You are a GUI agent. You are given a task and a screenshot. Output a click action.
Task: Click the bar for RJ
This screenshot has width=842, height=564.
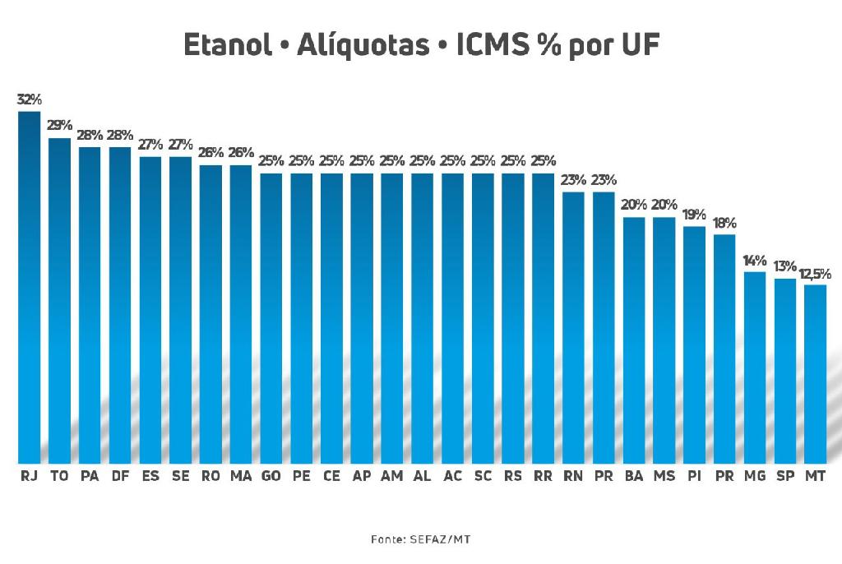(29, 288)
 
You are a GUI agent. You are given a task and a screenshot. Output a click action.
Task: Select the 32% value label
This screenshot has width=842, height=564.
(29, 99)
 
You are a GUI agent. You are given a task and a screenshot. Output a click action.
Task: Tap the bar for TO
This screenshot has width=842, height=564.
(59, 300)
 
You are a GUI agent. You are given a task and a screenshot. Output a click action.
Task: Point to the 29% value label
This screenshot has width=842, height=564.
(59, 126)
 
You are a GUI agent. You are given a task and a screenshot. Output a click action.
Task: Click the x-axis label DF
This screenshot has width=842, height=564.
(120, 476)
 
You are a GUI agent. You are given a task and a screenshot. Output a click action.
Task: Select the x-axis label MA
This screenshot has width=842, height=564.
(241, 476)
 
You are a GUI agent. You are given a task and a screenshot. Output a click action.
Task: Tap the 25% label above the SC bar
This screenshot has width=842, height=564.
(483, 160)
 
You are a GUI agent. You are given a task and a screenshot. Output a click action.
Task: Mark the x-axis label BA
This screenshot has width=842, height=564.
(634, 476)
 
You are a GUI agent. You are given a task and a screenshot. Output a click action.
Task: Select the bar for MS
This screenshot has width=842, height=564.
(664, 340)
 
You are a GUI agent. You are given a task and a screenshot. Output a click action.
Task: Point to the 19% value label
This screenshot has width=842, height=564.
(694, 215)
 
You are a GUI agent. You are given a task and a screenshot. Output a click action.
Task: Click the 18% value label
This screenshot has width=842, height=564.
(724, 223)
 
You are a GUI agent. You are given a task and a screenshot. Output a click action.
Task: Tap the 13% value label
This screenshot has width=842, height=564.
(784, 266)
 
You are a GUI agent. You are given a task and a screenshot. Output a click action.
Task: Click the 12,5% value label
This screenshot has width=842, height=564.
(815, 273)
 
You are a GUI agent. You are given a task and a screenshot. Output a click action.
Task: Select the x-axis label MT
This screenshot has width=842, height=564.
(815, 476)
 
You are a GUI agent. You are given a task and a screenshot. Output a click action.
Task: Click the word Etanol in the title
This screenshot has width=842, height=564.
(228, 46)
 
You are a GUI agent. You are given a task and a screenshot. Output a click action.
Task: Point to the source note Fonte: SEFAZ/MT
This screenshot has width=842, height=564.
(420, 539)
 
